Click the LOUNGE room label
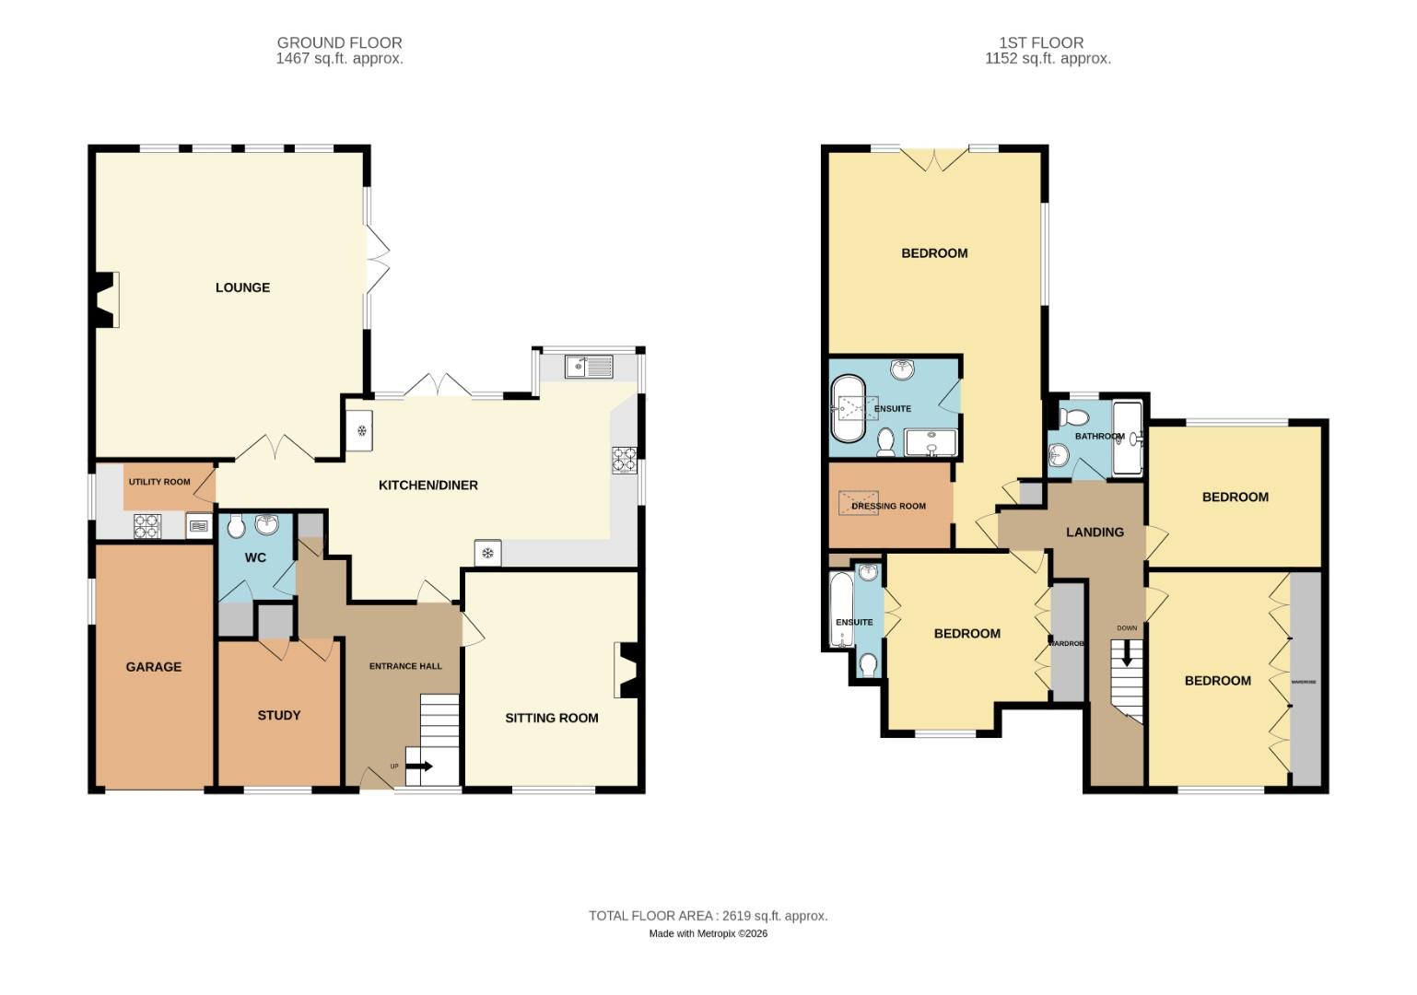point(242,287)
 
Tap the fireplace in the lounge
point(106,299)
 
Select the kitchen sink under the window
point(590,367)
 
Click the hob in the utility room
point(147,526)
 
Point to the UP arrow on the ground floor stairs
point(423,766)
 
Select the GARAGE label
point(154,667)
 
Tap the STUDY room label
point(278,715)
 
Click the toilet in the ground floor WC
point(235,526)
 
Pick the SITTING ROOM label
point(551,718)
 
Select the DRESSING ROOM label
point(888,506)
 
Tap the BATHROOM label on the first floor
point(1099,437)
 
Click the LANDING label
point(1095,533)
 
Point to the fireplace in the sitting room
point(627,670)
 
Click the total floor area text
point(708,916)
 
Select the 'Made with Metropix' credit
point(708,933)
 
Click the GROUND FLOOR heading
point(339,42)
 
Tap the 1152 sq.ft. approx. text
point(1048,58)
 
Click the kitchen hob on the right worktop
point(624,459)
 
